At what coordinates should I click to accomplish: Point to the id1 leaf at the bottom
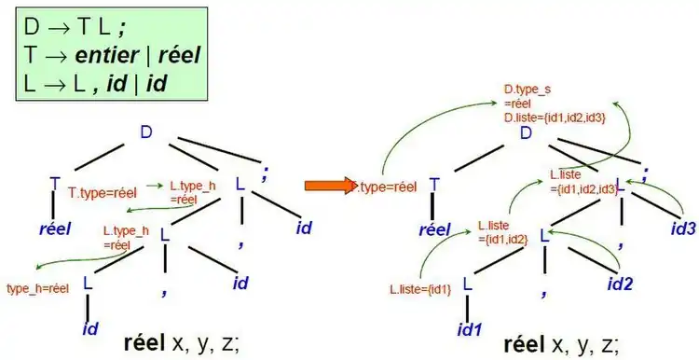click(x=469, y=329)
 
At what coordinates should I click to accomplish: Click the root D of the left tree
click(x=146, y=132)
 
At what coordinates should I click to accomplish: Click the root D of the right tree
click(x=526, y=134)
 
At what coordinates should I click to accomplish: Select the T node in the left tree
click(x=55, y=184)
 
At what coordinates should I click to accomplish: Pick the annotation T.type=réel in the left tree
click(x=103, y=193)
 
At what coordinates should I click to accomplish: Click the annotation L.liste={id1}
click(x=420, y=290)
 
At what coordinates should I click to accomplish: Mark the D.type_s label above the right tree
click(x=527, y=90)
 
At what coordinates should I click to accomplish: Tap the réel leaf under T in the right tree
click(x=435, y=228)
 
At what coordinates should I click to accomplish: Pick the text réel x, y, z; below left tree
click(x=181, y=341)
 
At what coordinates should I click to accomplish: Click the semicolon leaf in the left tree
click(x=266, y=173)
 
